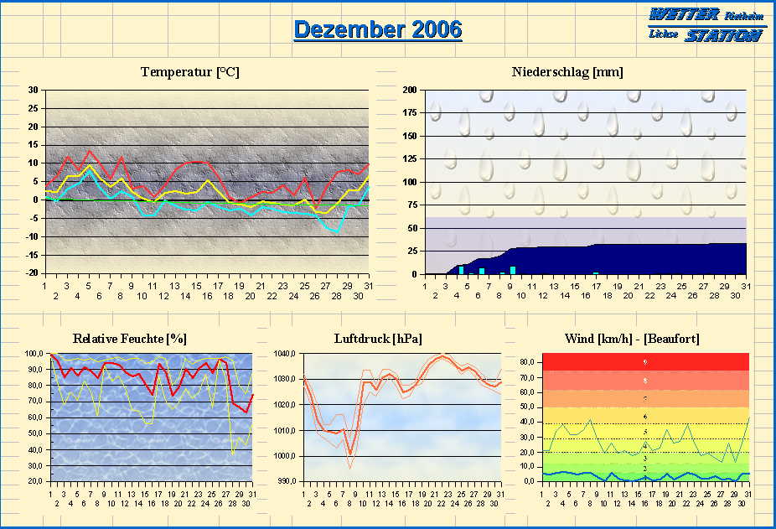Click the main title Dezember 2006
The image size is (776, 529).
(377, 29)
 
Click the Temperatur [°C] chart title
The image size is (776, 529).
(190, 72)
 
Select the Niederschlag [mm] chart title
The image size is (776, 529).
(567, 72)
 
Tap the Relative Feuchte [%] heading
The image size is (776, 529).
(130, 339)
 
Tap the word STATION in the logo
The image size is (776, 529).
(722, 35)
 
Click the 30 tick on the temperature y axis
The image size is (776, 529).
(34, 91)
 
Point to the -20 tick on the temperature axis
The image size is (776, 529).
(32, 273)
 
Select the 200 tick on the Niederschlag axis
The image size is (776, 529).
(410, 90)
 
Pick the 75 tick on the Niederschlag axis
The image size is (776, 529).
(412, 205)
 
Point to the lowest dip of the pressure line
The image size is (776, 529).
(350, 454)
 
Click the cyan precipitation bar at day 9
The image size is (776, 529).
(512, 270)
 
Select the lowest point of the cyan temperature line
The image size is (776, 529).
(337, 231)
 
